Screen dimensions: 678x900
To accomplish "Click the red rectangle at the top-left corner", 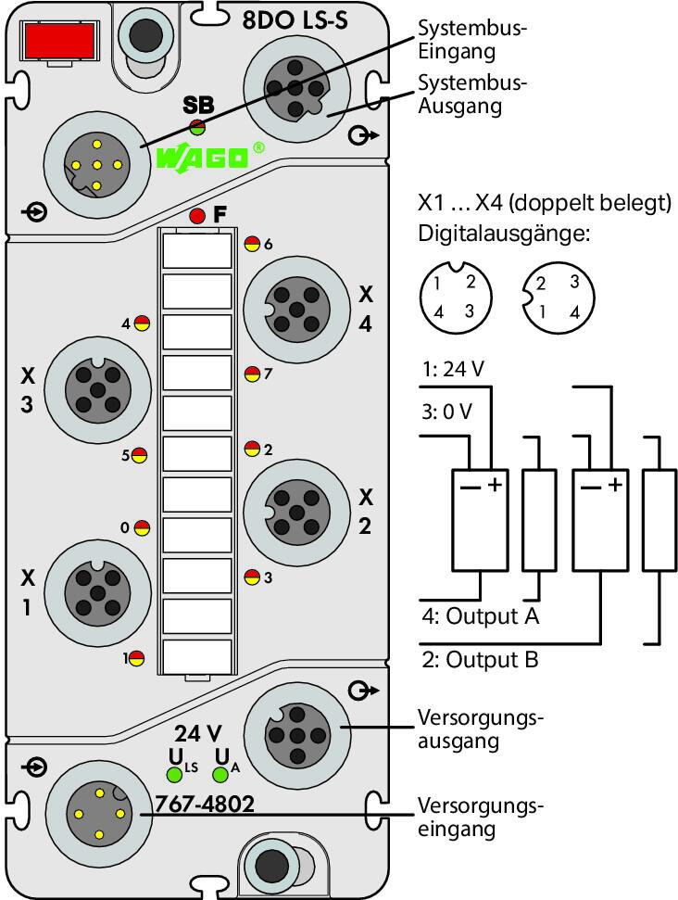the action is [x=56, y=40].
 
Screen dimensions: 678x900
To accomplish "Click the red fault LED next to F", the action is [x=196, y=216].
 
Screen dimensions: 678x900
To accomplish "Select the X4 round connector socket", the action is [x=296, y=309].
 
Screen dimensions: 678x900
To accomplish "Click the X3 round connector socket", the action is [x=97, y=390].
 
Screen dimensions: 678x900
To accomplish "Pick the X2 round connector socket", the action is [x=296, y=511].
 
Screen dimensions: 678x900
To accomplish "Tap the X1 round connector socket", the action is [x=97, y=592].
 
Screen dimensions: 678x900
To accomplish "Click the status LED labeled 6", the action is [x=252, y=244].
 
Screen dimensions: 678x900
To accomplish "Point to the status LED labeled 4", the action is [x=142, y=323].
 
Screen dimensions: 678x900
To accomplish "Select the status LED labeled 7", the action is [x=252, y=374].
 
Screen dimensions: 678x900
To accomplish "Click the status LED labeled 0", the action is [x=142, y=526].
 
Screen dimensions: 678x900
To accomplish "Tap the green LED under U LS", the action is [x=174, y=775].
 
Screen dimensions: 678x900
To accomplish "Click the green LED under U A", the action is [x=220, y=775].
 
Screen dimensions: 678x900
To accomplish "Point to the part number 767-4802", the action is [x=205, y=805].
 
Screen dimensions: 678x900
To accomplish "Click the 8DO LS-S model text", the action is [x=295, y=20].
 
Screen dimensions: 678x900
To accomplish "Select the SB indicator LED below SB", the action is [x=197, y=127].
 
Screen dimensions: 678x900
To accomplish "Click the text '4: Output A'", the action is [x=481, y=615].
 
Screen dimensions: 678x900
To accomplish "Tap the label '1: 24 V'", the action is [x=453, y=369].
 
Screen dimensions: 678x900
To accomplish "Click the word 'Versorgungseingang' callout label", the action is [x=480, y=818].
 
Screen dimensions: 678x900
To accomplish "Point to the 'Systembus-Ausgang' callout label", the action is [x=472, y=95].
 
